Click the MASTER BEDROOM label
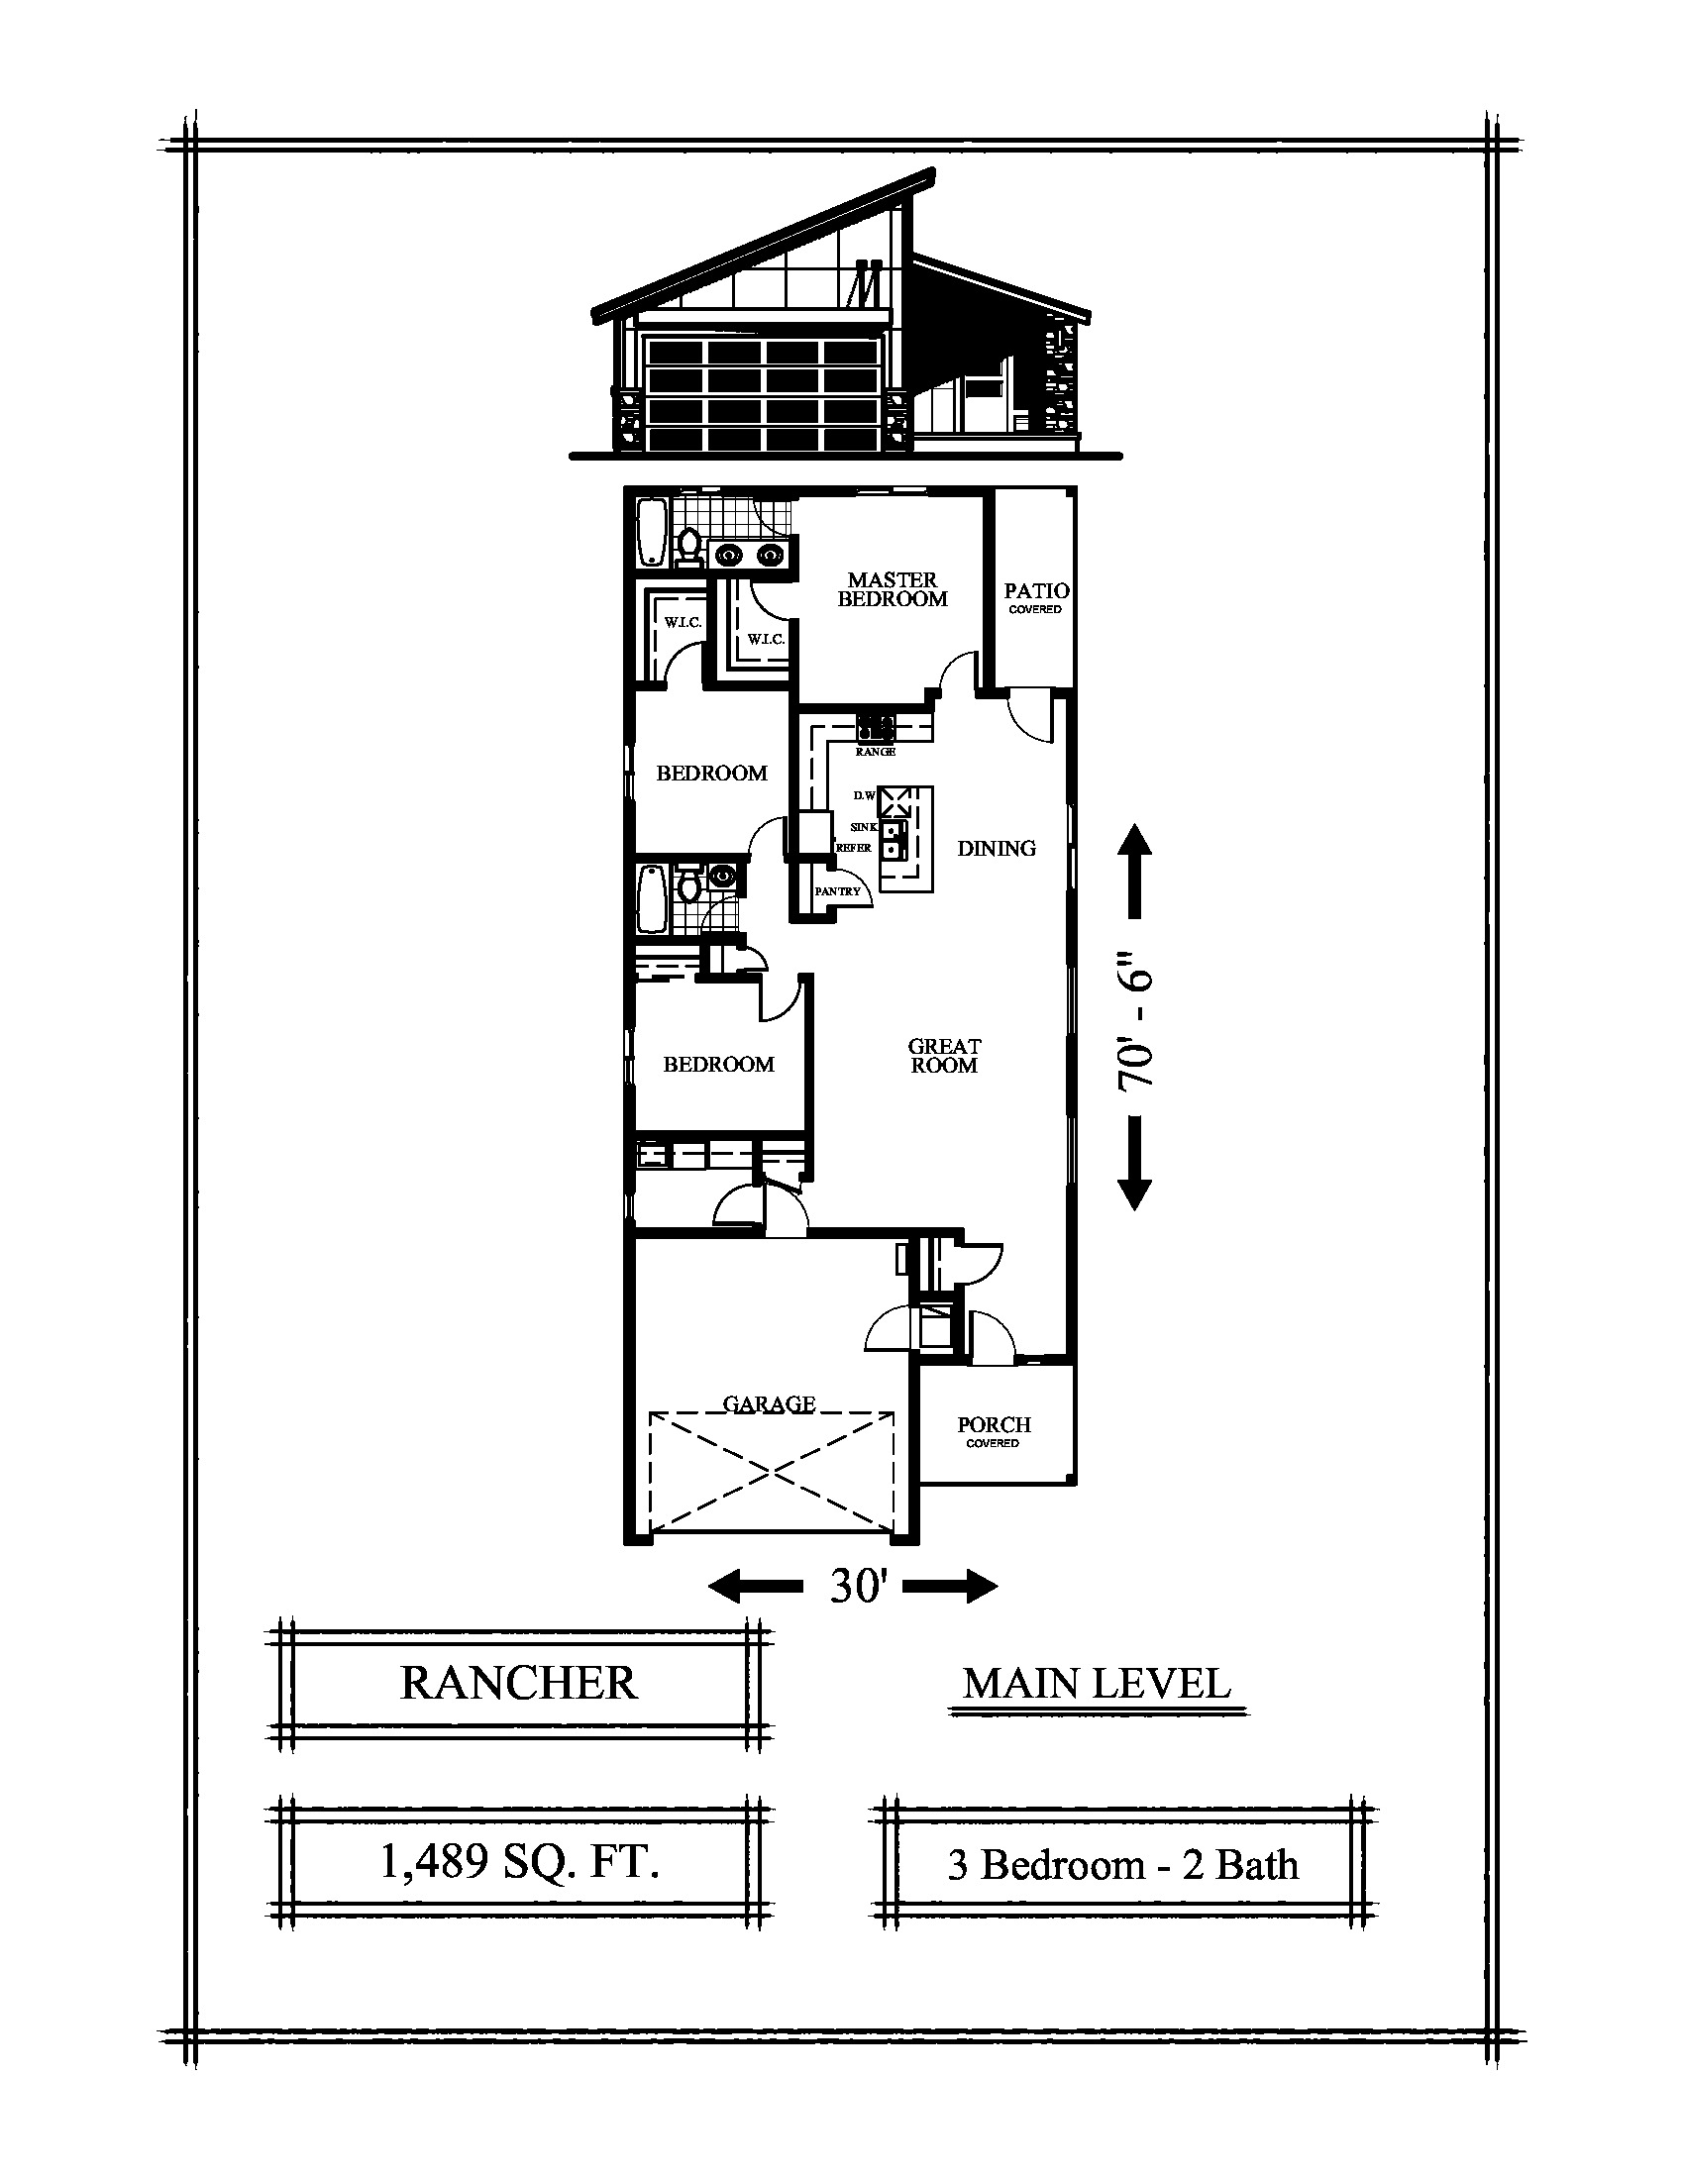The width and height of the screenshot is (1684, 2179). [892, 589]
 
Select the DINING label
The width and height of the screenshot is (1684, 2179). [997, 848]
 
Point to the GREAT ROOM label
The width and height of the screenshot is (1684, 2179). [944, 1056]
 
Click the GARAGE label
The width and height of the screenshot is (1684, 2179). [769, 1403]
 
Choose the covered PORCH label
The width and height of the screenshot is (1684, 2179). [994, 1432]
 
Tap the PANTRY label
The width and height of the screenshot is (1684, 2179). [837, 891]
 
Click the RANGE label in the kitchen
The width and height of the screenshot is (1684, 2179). [875, 752]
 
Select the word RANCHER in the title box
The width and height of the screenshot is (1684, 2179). [518, 1683]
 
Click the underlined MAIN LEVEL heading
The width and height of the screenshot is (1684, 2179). [1097, 1684]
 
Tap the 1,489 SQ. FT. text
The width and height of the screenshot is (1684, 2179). [520, 1861]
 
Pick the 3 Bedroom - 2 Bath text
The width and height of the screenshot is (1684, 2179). [1123, 1864]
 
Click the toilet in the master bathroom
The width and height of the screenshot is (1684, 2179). [687, 547]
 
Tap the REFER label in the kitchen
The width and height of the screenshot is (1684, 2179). [854, 848]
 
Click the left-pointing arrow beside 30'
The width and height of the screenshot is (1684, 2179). [755, 1585]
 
